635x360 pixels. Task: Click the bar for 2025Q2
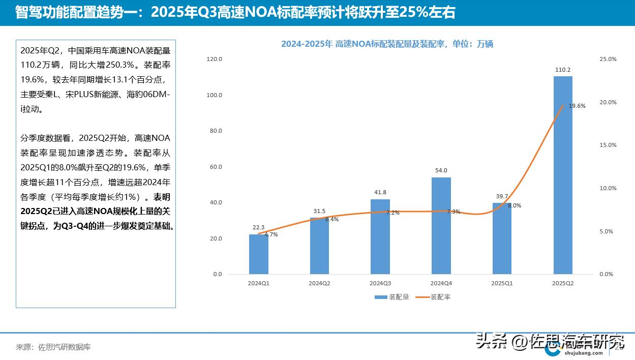click(563, 175)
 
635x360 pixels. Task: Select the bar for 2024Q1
click(258, 254)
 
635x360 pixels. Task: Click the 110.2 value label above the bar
click(563, 70)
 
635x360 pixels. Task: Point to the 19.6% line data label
click(577, 106)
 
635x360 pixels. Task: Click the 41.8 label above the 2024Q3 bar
click(380, 192)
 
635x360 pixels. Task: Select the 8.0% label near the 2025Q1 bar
click(514, 205)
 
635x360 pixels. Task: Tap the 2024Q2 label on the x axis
click(319, 283)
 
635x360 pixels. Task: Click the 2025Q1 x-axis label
click(502, 283)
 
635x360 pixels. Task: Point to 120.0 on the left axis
click(215, 59)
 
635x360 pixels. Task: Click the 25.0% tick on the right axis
click(608, 59)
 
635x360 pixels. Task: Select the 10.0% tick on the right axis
click(608, 188)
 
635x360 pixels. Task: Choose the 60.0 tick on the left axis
click(216, 167)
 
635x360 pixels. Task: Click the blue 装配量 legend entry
click(392, 297)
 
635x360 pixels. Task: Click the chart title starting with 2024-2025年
click(387, 44)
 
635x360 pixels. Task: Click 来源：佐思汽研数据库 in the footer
click(53, 347)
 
